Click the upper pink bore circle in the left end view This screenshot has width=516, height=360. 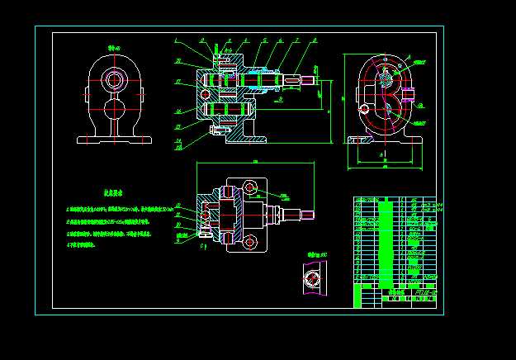click(115, 79)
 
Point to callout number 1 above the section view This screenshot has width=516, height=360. click(176, 40)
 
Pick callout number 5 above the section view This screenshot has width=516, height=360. click(264, 40)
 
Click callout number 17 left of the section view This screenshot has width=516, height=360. click(178, 82)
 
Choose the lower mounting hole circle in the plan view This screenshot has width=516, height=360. click(249, 240)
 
